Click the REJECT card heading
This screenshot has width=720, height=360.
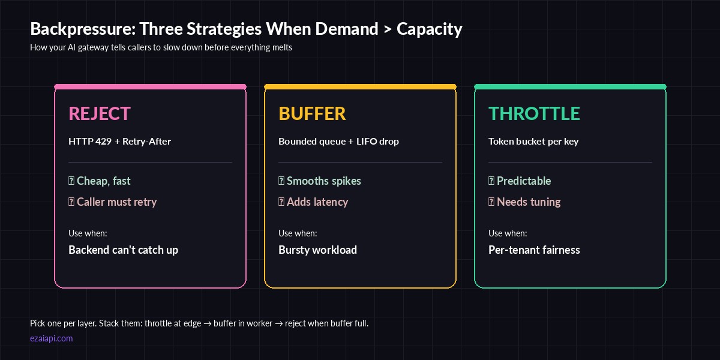[x=100, y=113]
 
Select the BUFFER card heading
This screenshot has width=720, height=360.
[x=312, y=113]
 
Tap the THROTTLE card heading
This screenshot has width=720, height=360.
[x=534, y=113]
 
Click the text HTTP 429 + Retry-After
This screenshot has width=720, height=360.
[x=119, y=142]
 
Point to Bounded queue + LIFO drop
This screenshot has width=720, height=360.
[x=338, y=142]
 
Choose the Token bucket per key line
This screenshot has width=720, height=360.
[x=533, y=142]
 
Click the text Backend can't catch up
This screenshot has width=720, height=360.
[x=123, y=250]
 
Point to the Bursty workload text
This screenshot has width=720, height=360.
[x=317, y=250]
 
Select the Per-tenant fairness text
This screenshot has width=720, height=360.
[x=534, y=250]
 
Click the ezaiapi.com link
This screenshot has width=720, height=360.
[x=52, y=338]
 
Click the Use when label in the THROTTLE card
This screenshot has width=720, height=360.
[x=508, y=233]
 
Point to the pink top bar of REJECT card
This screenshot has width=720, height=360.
[x=150, y=86]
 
